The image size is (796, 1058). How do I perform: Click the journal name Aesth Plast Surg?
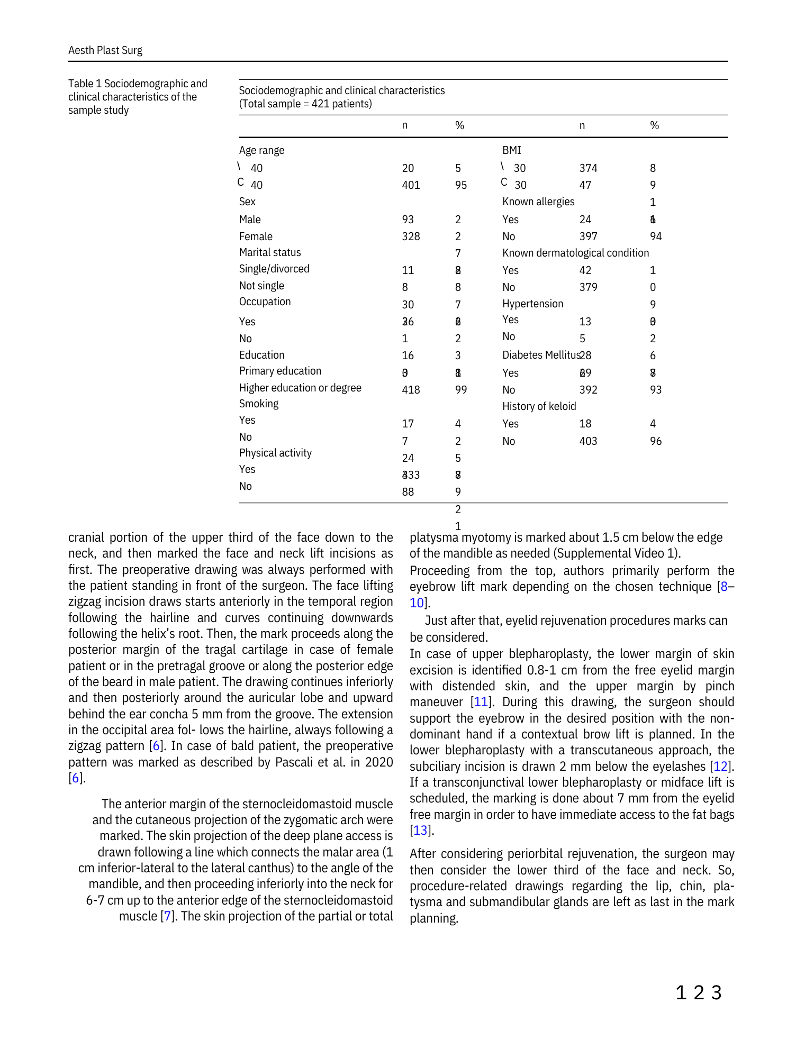[105, 50]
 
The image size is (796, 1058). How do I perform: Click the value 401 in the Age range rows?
[411, 185]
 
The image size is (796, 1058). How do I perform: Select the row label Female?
[256, 236]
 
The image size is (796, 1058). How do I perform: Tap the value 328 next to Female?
[411, 236]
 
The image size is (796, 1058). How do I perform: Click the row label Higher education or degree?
[300, 388]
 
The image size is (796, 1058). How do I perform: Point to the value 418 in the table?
[411, 390]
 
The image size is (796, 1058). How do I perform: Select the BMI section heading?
[511, 150]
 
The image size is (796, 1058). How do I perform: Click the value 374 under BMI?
[588, 168]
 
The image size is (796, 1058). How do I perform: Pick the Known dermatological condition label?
[575, 253]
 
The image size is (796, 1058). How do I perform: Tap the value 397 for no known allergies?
[588, 236]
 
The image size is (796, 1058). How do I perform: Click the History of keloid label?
[539, 406]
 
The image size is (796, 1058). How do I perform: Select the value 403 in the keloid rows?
[588, 441]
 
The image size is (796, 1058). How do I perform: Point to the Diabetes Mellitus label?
[540, 355]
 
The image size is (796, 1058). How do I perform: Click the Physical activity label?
[275, 453]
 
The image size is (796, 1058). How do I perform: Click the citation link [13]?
[420, 831]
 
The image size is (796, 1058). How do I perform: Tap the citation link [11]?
[481, 702]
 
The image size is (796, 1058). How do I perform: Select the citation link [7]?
[167, 916]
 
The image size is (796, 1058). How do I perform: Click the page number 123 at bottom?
[698, 993]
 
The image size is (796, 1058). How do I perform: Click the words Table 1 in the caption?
[85, 84]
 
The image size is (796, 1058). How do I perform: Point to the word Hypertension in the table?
[532, 304]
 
